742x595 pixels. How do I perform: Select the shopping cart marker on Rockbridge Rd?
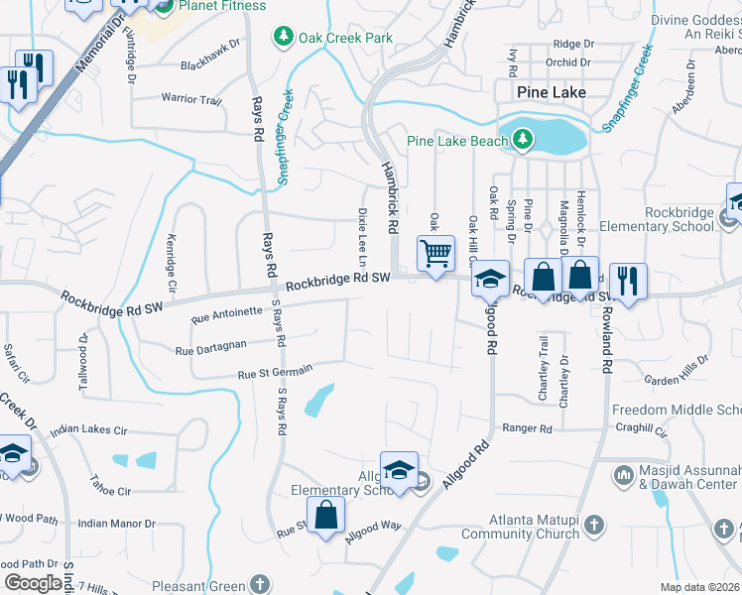pos(435,254)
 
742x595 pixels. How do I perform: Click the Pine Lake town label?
pos(552,92)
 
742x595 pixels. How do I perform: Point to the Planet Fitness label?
pos(223,6)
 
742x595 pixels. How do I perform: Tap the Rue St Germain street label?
pos(276,371)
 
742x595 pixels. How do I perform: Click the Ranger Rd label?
pos(527,428)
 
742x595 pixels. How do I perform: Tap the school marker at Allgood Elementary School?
pos(399,470)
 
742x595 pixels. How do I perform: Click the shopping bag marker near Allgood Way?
pos(325,516)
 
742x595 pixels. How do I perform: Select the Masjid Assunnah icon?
pos(624,476)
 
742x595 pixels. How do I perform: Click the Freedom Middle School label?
pos(677,410)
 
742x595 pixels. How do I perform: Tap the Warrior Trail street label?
pos(191,99)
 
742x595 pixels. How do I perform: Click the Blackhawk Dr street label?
pos(210,67)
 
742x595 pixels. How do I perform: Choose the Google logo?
pos(34,582)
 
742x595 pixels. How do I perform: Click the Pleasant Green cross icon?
pos(260,584)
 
